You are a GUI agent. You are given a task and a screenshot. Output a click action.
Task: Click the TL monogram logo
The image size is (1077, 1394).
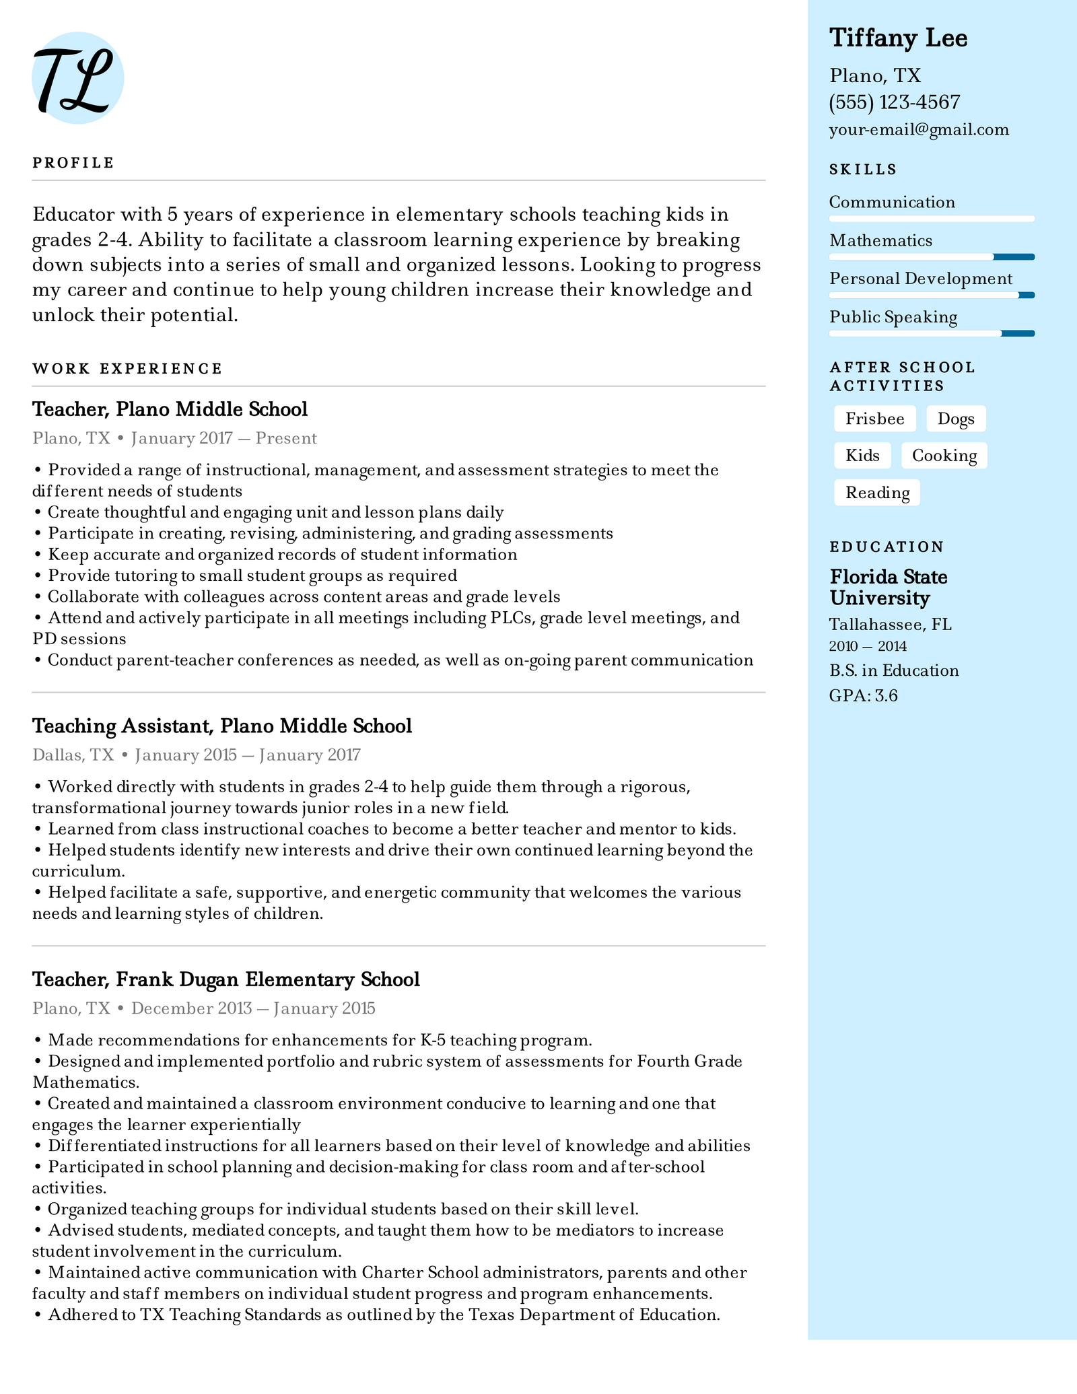tap(77, 78)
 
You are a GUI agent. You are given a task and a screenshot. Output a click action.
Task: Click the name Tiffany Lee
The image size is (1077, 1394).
tap(898, 38)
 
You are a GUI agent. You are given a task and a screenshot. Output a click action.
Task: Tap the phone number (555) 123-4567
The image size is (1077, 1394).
tap(895, 102)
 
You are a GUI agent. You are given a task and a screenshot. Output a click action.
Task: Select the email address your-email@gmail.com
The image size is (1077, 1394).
tap(919, 130)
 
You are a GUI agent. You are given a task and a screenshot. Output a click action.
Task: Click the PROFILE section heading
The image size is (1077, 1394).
tap(73, 163)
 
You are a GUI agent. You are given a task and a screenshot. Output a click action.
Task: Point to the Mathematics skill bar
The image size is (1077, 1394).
tap(931, 256)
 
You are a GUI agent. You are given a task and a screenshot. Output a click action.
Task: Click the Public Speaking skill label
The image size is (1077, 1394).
tap(893, 317)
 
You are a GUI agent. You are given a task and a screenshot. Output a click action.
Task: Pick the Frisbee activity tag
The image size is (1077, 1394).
tap(874, 419)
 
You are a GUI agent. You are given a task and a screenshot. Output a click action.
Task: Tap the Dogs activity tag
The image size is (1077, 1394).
tap(955, 419)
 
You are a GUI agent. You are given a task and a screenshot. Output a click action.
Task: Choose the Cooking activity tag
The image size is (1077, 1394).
tap(944, 456)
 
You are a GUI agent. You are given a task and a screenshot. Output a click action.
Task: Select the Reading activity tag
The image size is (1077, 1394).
tap(877, 493)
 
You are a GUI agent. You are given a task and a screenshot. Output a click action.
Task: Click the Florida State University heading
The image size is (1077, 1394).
tap(888, 587)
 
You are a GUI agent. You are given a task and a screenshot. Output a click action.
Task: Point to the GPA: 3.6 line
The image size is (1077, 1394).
tap(863, 695)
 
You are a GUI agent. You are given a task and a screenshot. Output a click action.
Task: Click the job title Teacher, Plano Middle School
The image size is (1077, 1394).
tap(170, 409)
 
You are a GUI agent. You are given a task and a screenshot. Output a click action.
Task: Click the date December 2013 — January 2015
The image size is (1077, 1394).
tap(252, 1008)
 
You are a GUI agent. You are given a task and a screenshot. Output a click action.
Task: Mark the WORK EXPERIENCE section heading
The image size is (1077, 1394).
tap(127, 369)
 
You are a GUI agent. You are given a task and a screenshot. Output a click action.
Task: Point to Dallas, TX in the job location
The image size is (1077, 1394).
tap(73, 755)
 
